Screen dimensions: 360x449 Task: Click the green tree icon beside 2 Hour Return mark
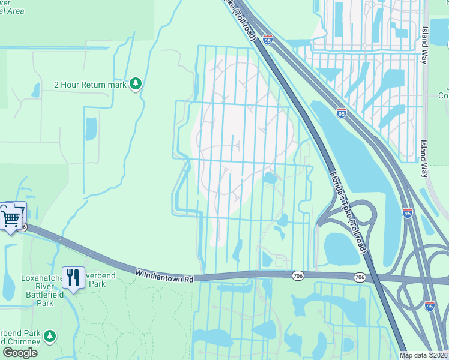pyautogui.click(x=136, y=84)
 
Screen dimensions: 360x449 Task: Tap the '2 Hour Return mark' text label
pyautogui.click(x=90, y=85)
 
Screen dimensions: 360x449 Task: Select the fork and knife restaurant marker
pyautogui.click(x=73, y=278)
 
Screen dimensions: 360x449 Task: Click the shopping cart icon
pyautogui.click(x=10, y=217)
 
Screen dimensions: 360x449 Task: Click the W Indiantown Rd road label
pyautogui.click(x=164, y=272)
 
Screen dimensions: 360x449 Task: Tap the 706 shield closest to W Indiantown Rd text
pyautogui.click(x=298, y=275)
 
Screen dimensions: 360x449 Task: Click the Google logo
pyautogui.click(x=20, y=352)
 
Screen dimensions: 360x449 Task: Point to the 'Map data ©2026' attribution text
pyautogui.click(x=424, y=355)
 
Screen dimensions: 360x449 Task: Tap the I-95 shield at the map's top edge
pyautogui.click(x=267, y=40)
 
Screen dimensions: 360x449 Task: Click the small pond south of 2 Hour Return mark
pyautogui.click(x=91, y=128)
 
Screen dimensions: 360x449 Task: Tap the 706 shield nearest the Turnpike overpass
pyautogui.click(x=359, y=277)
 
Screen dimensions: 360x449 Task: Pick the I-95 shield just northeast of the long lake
pyautogui.click(x=340, y=112)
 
